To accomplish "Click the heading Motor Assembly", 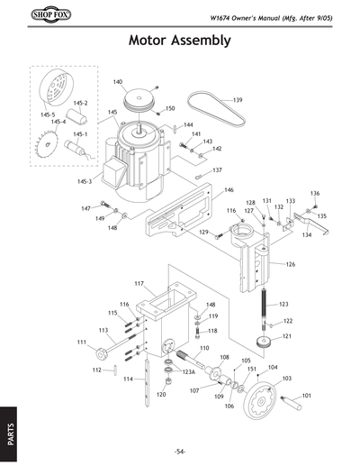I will (180, 41).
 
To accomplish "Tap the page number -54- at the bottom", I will (180, 451).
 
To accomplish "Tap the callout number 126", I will (291, 264).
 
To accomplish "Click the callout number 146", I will (229, 190).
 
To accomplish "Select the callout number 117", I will (139, 284).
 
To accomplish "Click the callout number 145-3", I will (85, 181).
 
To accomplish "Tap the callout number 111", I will (81, 342).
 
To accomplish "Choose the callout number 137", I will (217, 169).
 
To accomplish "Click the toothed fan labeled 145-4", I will (44, 143).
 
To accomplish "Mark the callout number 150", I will (169, 108).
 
